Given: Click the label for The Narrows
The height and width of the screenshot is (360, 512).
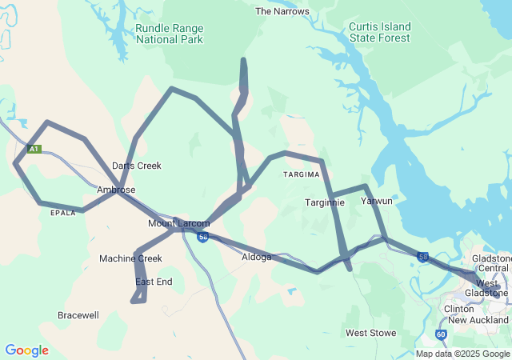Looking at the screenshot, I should point(282,11).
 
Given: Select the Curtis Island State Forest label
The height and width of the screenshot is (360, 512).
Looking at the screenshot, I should point(379,32).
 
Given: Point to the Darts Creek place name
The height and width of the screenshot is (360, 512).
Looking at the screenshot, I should point(137,166).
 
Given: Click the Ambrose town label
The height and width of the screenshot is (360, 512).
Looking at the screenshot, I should point(115,190).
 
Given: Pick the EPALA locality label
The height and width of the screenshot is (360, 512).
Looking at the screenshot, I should point(63,214).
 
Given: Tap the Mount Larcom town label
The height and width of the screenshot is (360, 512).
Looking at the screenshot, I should point(178,223).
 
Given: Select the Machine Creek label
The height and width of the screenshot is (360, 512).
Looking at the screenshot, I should point(130,258).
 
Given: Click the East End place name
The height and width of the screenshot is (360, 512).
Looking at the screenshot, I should point(154,282).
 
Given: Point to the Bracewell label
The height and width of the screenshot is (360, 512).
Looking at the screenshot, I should point(78,315).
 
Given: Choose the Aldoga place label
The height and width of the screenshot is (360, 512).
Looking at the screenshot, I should point(257,257).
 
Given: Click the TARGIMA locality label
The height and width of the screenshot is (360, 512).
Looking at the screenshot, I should point(300,174).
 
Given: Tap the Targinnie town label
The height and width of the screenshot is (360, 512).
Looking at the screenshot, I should point(324,202).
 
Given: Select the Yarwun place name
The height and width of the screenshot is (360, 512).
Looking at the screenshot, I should point(377,201).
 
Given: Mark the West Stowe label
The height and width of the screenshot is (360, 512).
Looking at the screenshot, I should point(371,332).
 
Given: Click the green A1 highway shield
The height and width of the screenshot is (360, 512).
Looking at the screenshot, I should point(33,149).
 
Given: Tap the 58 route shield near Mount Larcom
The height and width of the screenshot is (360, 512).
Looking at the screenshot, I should point(203,238).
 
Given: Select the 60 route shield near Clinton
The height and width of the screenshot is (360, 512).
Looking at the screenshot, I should point(441,334).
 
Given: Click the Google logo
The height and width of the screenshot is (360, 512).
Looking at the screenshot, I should point(26,350).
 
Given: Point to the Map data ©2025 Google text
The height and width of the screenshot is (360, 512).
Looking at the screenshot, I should point(463,354).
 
